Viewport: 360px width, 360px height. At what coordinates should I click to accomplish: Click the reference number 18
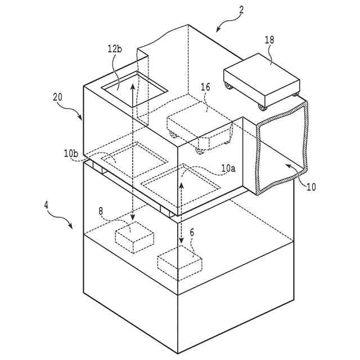point(269,40)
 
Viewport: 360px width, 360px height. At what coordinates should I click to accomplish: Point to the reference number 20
point(58,96)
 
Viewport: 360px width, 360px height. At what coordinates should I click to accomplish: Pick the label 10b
point(71,152)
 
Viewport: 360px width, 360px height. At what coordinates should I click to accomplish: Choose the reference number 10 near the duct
point(311,187)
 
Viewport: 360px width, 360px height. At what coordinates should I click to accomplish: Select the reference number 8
point(101,211)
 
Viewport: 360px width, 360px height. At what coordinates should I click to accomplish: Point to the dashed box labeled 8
point(134,236)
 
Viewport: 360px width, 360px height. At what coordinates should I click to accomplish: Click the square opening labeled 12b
point(135,87)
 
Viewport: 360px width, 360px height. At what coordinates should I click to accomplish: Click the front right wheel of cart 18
point(261,106)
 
